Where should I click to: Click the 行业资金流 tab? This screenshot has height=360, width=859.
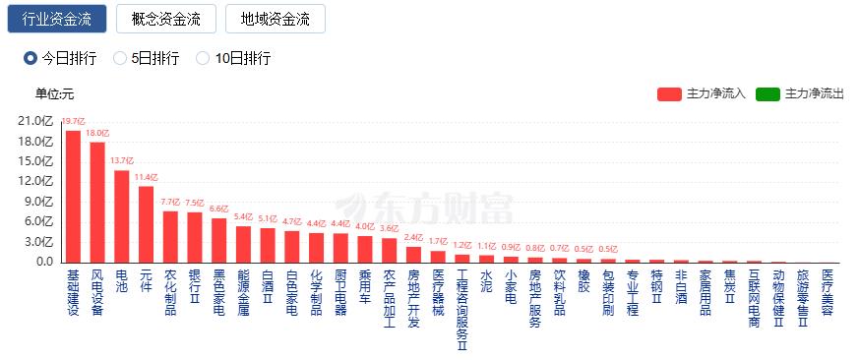pos(57,19)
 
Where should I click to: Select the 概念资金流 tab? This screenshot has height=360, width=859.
pos(165,19)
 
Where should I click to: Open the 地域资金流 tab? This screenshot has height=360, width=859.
pos(275,19)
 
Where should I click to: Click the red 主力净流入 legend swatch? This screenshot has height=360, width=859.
pos(669,93)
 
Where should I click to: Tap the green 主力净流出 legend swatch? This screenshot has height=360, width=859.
pos(768,93)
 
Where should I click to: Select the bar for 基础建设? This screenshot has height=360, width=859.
pos(73,196)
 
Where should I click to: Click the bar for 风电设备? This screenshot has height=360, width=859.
pos(97,202)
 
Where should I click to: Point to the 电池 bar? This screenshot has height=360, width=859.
pos(122,216)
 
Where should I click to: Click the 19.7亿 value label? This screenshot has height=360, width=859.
pos(73,122)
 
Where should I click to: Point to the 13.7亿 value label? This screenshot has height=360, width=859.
pos(122,160)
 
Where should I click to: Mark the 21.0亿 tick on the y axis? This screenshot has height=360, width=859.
pos(34,121)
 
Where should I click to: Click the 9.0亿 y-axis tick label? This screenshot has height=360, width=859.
pos(36,202)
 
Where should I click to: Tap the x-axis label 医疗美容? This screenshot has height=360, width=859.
pos(827,292)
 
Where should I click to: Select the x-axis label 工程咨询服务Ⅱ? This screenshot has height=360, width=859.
pos(461,310)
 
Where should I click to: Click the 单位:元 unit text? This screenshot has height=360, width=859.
pos(54,94)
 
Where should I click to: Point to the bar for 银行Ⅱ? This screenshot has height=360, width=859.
pos(195,237)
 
